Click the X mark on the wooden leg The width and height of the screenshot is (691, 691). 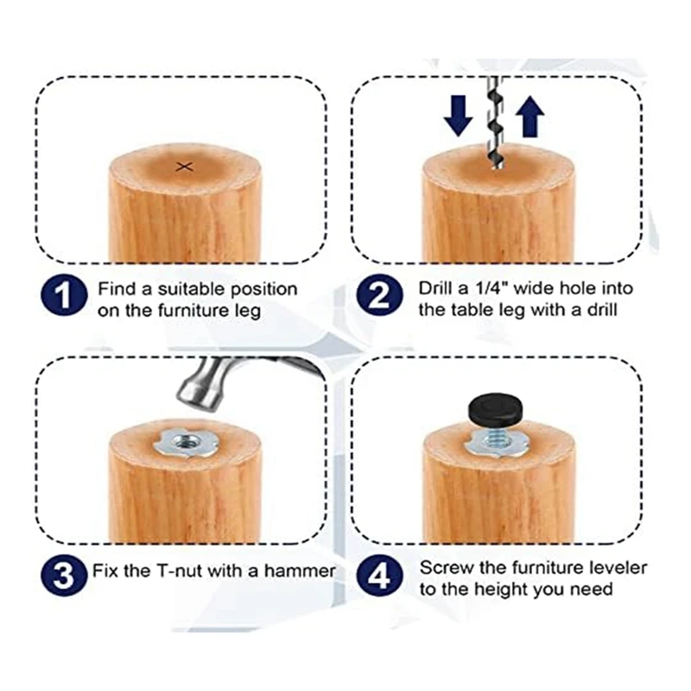click(185, 167)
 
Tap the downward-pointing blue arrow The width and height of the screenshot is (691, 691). click(459, 116)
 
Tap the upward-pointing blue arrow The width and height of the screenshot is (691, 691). click(529, 117)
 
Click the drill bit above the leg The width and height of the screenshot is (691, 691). click(495, 124)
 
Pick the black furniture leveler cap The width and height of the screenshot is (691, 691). click(495, 408)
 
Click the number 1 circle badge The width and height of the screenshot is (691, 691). click(64, 295)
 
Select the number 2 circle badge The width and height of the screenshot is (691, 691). click(379, 295)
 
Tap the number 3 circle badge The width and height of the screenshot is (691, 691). click(64, 574)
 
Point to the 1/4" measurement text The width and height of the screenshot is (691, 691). click(491, 288)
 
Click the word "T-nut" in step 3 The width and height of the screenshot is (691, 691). click(180, 571)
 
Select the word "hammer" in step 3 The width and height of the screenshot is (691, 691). click(300, 571)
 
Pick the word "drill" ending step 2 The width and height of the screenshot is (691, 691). click(601, 310)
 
